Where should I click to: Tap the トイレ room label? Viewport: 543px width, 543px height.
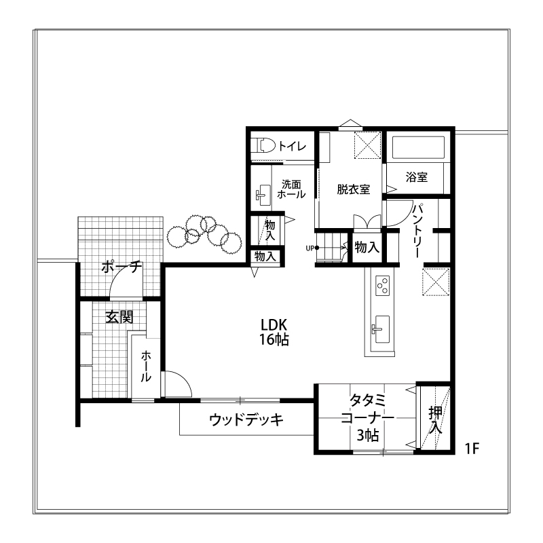pyautogui.click(x=293, y=146)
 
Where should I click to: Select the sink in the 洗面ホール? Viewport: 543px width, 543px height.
pyautogui.click(x=263, y=193)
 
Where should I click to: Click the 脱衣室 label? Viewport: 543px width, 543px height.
pyautogui.click(x=353, y=189)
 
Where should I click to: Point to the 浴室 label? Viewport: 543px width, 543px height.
pyautogui.click(x=417, y=177)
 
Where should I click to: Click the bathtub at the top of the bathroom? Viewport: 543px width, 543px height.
pyautogui.click(x=418, y=147)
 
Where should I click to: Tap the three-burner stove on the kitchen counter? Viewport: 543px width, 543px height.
pyautogui.click(x=383, y=285)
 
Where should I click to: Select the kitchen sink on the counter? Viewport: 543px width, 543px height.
pyautogui.click(x=381, y=329)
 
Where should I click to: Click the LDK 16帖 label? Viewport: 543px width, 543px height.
pyautogui.click(x=274, y=333)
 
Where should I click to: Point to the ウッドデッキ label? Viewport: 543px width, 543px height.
pyautogui.click(x=246, y=419)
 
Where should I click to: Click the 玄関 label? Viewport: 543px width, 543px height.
pyautogui.click(x=119, y=317)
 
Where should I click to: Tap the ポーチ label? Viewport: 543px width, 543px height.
pyautogui.click(x=122, y=267)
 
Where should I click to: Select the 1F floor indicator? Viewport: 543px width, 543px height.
pyautogui.click(x=472, y=449)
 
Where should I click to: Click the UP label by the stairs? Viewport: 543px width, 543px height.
pyautogui.click(x=310, y=248)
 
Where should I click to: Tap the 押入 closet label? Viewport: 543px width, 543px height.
pyautogui.click(x=435, y=419)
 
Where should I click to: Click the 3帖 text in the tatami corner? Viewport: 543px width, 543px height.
pyautogui.click(x=367, y=435)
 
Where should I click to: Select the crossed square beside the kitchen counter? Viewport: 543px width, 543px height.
pyautogui.click(x=436, y=282)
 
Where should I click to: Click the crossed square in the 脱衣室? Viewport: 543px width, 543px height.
pyautogui.click(x=368, y=145)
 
